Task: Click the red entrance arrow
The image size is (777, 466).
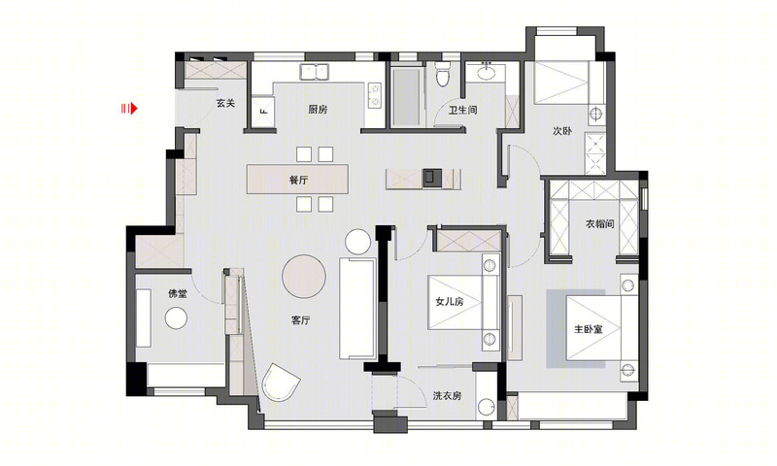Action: click(x=129, y=109)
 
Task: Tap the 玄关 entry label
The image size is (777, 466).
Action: click(x=225, y=103)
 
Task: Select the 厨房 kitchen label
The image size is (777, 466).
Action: click(x=318, y=110)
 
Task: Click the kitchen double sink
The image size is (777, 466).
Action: click(x=314, y=72)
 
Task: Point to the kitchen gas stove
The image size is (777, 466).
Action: click(x=375, y=95)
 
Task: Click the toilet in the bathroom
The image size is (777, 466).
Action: click(x=443, y=74)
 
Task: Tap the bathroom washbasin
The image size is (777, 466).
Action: click(x=488, y=72)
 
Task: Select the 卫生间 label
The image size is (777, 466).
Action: click(x=463, y=110)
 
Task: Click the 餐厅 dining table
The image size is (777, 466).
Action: click(x=297, y=180)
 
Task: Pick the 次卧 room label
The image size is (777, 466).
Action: click(x=562, y=131)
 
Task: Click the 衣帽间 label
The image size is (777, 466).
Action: click(x=599, y=224)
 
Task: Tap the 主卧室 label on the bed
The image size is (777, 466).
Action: click(x=589, y=328)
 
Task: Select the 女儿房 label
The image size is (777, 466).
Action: click(x=450, y=301)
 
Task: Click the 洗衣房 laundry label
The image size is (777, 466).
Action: click(x=447, y=396)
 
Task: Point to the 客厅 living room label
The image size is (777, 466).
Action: click(x=300, y=320)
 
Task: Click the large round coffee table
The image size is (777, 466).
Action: click(x=304, y=277)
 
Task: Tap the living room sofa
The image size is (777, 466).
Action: click(x=357, y=308)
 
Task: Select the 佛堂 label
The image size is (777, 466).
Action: click(x=178, y=293)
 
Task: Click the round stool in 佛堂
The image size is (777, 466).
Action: click(x=176, y=317)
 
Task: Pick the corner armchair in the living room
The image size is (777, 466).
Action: click(x=280, y=383)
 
